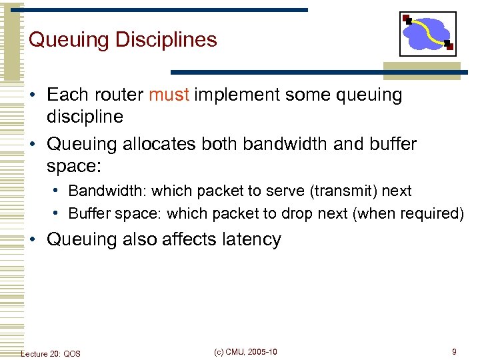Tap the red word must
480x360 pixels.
pyautogui.click(x=169, y=95)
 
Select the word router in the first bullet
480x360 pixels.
pyautogui.click(x=119, y=95)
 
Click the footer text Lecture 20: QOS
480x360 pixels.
pyautogui.click(x=51, y=353)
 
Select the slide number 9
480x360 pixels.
pyautogui.click(x=454, y=352)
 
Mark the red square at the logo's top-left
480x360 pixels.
pyautogui.click(x=406, y=17)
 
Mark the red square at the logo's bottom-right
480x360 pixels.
pyautogui.click(x=449, y=45)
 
